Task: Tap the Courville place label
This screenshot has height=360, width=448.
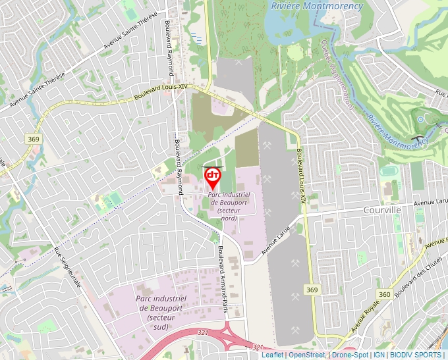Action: [x=382, y=209]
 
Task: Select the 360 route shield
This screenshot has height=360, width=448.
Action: [x=384, y=294]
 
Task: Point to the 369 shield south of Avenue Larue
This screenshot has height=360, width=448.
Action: [x=312, y=290]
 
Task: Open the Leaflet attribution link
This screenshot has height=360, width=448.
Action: [x=272, y=355]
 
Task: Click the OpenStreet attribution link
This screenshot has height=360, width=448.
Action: [x=307, y=355]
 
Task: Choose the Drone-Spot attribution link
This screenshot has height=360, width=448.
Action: [x=350, y=355]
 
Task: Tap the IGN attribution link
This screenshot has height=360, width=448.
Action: [x=379, y=355]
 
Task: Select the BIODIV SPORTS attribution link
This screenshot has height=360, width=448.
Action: [x=416, y=355]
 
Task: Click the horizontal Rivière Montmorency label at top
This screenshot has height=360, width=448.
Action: [x=317, y=6]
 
